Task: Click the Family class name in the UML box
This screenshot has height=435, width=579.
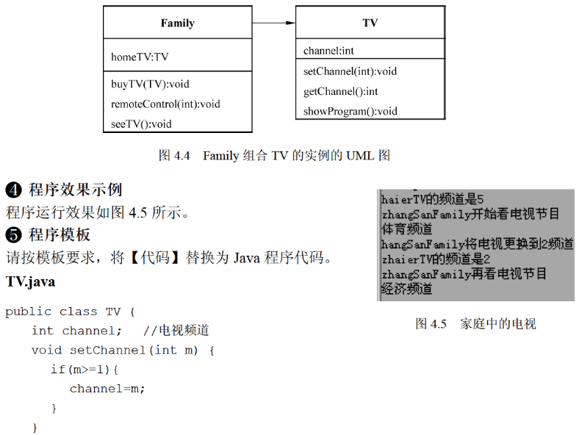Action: coord(178,24)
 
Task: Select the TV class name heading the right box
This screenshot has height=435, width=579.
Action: coord(370,24)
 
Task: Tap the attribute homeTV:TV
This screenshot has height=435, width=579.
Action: coord(140,57)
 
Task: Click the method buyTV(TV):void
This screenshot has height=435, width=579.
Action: coord(150,84)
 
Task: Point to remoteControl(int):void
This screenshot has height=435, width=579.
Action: coord(165,104)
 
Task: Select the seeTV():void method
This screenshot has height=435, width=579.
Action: coord(141,123)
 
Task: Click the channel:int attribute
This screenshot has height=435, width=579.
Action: coord(328,51)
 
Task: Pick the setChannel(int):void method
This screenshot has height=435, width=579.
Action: coord(350,71)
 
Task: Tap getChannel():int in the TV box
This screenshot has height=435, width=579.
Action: coord(340,91)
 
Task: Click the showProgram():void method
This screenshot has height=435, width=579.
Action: coord(350,112)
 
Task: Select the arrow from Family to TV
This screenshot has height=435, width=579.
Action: coord(273,24)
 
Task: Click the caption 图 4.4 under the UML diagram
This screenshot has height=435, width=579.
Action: coord(274,155)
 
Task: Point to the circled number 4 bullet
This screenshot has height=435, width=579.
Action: coord(13,190)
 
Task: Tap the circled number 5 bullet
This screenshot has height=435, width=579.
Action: coord(13,235)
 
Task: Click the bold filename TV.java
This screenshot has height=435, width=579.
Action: coord(30,281)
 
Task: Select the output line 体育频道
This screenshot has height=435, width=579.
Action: coord(406,229)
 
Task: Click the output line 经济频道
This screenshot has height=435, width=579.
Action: coord(406,289)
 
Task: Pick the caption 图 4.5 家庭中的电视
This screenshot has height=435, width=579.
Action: coord(475,323)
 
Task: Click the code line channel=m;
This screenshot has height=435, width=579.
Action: coord(107,389)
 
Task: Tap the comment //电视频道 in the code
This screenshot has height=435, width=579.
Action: coord(176,331)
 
